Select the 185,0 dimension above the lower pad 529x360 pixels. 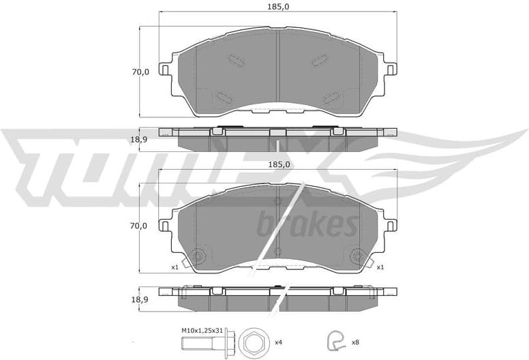[277, 164]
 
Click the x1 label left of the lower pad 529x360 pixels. [174, 267]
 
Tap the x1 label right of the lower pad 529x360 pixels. [380, 267]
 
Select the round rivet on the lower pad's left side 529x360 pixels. [198, 256]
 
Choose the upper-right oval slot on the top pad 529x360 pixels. [320, 61]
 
